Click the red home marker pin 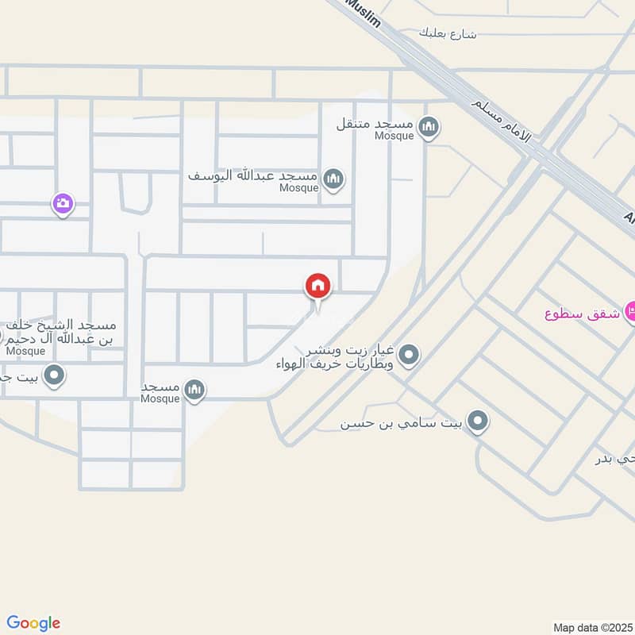click(x=317, y=287)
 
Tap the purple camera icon click(x=63, y=204)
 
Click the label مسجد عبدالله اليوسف click(x=252, y=175)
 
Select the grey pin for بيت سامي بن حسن click(x=476, y=421)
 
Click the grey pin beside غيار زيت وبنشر click(x=409, y=355)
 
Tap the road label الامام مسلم click(x=504, y=119)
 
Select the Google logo click(x=33, y=623)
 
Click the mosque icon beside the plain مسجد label click(x=194, y=389)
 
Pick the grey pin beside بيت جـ click(x=54, y=373)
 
